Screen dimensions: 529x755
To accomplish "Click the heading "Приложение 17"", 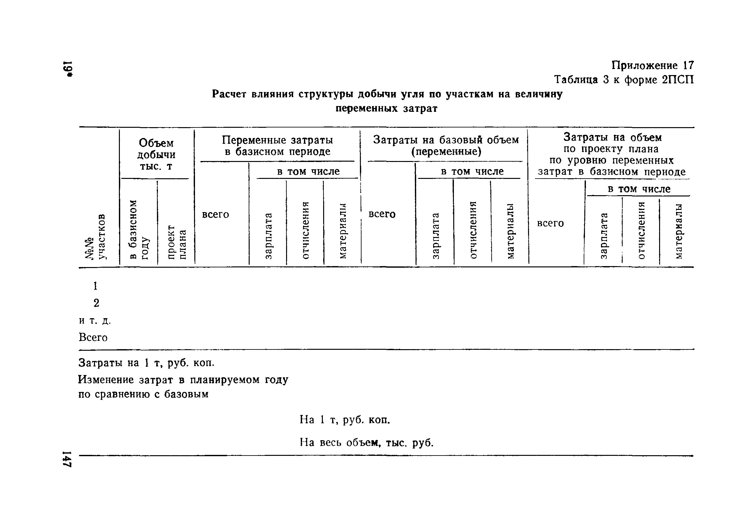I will (652, 65).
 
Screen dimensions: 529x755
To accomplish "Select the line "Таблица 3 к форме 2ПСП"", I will (624, 80).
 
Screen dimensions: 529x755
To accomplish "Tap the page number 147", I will (68, 459).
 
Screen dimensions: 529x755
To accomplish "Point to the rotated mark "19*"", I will (68, 69).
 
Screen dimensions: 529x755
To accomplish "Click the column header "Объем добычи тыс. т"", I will (156, 154).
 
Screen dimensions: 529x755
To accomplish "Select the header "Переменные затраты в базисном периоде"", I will (277, 146).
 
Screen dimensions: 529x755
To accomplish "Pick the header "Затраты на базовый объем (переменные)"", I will (446, 146).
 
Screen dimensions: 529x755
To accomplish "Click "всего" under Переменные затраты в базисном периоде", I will (215, 215).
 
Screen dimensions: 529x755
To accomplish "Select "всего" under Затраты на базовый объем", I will (382, 214).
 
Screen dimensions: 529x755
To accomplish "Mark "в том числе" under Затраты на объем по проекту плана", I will (639, 189).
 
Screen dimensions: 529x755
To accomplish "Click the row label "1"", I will (95, 286).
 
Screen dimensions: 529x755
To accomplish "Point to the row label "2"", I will (96, 303).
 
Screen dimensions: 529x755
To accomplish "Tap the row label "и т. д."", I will (95, 320).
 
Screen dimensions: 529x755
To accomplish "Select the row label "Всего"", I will (93, 337).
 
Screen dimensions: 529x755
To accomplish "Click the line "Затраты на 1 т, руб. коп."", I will (146, 363).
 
